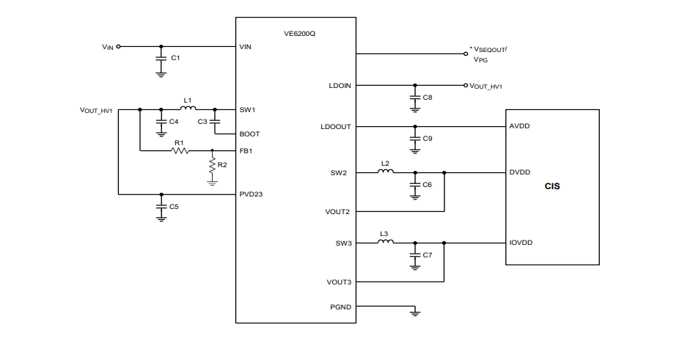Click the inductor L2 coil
pos(385,172)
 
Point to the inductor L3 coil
pos(385,242)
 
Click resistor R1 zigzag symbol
pos(179,151)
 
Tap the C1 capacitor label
pos(175,57)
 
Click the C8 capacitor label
pos(428,97)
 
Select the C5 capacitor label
pos(174,207)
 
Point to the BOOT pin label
pos(249,134)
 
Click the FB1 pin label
pos(246,151)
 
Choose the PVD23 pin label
pos(251,194)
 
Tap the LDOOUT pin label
pos(336,126)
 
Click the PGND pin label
pos(340,306)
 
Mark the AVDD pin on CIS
pos(519,126)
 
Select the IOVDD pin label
pos(521,242)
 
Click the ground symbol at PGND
pos(415,313)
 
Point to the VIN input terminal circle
pos(119,46)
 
